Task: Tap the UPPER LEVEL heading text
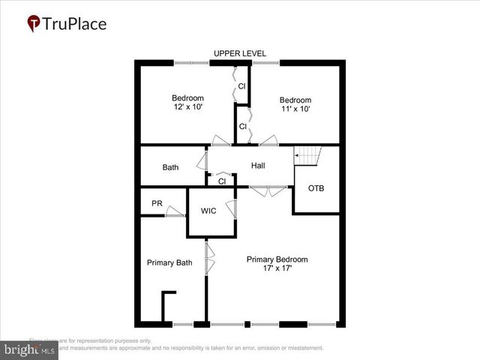239,53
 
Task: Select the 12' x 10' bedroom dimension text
187,108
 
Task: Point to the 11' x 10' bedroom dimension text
295,109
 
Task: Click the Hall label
258,165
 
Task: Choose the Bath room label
170,167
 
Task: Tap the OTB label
316,188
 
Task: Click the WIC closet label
208,211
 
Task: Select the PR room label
157,202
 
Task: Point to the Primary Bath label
169,262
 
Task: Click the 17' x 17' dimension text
277,269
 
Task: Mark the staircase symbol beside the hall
307,156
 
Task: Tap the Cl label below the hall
222,181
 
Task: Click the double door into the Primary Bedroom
267,192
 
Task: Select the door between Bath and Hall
202,160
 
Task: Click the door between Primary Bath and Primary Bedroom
211,259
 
